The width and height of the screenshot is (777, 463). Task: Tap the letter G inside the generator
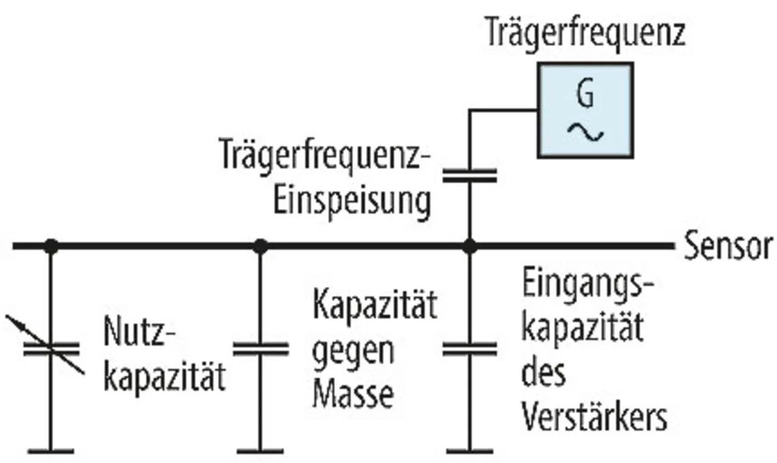click(585, 95)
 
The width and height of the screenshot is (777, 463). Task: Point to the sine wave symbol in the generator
click(585, 131)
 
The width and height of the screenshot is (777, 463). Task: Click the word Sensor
click(728, 246)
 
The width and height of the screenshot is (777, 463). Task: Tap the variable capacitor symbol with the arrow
click(51, 349)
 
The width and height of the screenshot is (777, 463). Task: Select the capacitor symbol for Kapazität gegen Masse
click(260, 349)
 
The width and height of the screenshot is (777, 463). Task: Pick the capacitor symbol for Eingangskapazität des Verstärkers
click(469, 349)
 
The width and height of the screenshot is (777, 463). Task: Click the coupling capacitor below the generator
click(469, 176)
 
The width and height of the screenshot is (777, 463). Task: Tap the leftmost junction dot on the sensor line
click(51, 246)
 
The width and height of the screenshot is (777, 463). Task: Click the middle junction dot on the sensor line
click(260, 246)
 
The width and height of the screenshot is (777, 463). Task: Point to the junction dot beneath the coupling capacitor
click(469, 246)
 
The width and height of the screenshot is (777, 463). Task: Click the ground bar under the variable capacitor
click(51, 451)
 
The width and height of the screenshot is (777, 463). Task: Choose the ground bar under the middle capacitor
click(260, 451)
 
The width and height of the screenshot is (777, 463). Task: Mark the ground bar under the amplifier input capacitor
click(469, 451)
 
